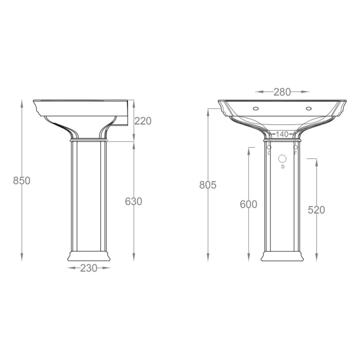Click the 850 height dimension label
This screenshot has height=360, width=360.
[x=22, y=181]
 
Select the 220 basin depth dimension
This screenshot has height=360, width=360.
[x=143, y=121]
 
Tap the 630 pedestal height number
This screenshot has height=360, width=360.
[x=134, y=202]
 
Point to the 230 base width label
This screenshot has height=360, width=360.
[x=89, y=268]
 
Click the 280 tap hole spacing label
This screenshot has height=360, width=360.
[x=282, y=92]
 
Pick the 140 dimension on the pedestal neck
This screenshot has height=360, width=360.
[x=282, y=134]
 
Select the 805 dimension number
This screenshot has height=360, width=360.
[x=208, y=185]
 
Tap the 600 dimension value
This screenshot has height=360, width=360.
[x=248, y=204]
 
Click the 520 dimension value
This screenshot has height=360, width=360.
[x=316, y=210]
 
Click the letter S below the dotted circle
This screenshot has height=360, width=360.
[x=282, y=167]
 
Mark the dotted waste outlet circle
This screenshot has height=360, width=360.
[x=282, y=158]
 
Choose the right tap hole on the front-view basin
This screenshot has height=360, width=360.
[x=309, y=109]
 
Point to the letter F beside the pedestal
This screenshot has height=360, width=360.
[x=295, y=153]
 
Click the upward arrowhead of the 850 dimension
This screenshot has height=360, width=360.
[x=22, y=102]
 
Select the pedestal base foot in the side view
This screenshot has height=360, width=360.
[x=89, y=255]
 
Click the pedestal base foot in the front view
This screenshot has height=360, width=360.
[x=282, y=256]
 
